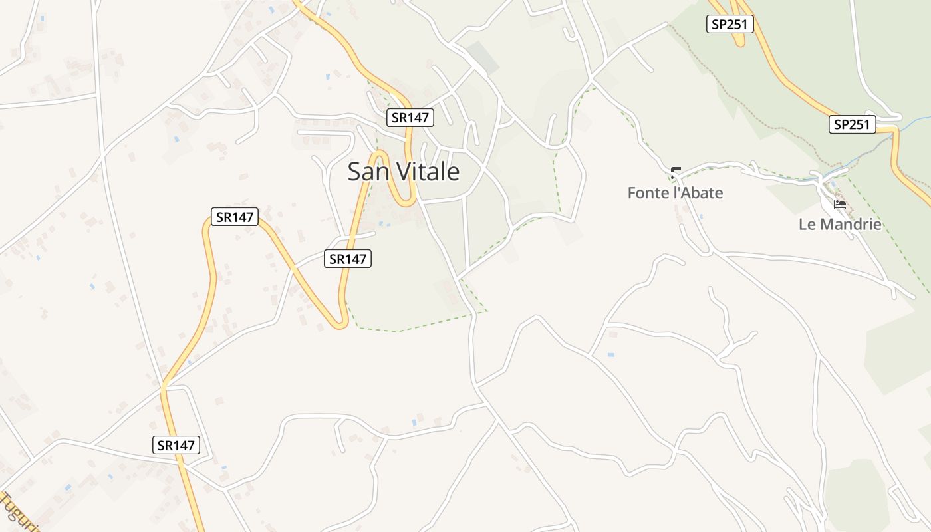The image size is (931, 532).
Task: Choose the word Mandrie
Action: (x=849, y=224)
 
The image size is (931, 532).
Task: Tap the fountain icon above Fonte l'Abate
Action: (x=676, y=173)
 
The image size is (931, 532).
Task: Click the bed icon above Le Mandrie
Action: (x=840, y=204)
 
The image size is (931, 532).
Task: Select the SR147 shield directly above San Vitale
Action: (x=410, y=118)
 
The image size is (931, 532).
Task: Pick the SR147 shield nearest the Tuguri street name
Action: (x=176, y=445)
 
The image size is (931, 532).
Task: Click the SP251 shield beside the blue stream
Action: (x=853, y=124)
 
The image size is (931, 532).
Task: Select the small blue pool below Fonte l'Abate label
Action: (x=701, y=215)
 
